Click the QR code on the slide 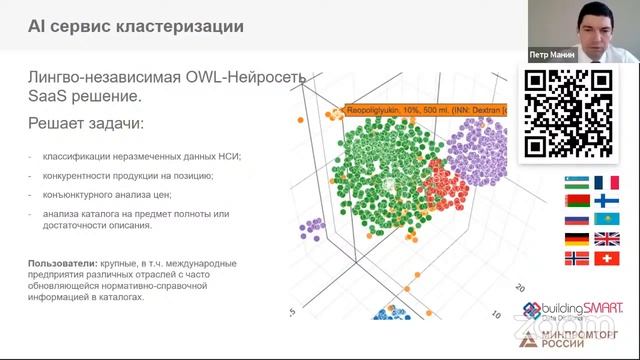coord(569,112)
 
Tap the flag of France coord(606,183)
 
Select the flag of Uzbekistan coord(576,183)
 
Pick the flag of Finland coord(606,201)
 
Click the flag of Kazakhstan coord(606,219)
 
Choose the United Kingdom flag coord(606,238)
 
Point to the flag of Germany coord(576,238)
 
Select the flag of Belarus coord(576,201)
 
